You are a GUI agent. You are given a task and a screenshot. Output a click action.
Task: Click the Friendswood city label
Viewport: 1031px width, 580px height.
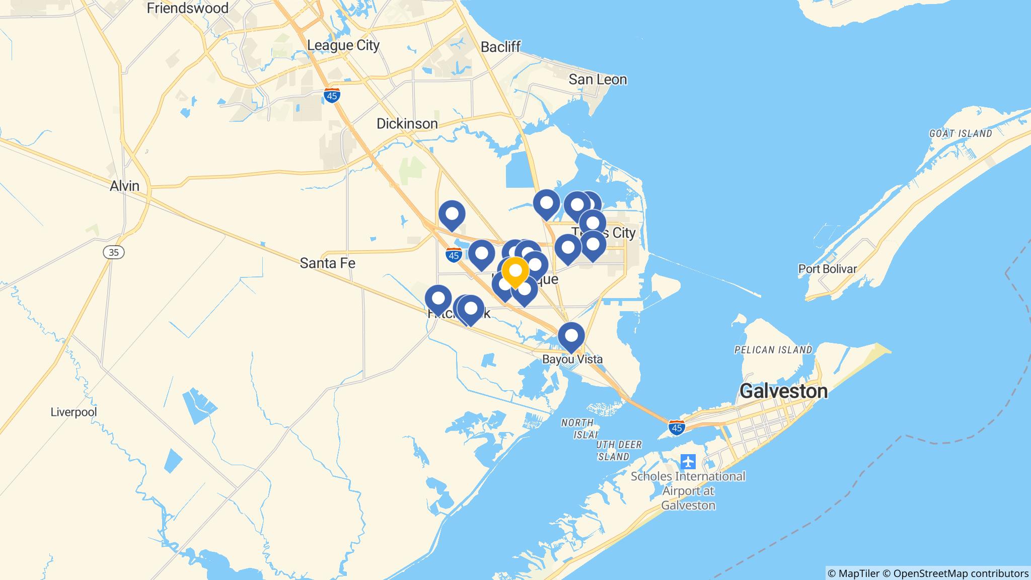tap(187, 8)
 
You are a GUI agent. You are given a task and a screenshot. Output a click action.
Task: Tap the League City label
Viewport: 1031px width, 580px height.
tap(343, 45)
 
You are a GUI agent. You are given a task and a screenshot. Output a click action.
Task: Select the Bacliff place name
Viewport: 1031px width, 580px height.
tap(500, 47)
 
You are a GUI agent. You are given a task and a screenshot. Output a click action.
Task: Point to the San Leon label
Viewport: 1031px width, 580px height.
tap(598, 80)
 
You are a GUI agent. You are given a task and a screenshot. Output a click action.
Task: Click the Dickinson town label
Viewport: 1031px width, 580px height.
tap(407, 124)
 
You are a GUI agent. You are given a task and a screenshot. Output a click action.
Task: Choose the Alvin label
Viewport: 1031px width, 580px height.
tap(124, 186)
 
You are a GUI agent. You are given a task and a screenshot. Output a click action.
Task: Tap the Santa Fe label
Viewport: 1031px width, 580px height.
tap(328, 263)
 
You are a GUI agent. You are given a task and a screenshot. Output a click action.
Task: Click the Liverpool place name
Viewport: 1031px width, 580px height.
tap(73, 412)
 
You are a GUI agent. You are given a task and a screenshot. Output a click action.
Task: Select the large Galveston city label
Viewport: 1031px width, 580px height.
tap(783, 391)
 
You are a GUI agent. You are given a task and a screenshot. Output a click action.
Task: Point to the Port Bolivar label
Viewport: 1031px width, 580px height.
tap(827, 269)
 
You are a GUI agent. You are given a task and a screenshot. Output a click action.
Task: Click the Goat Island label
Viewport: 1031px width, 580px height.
tap(961, 134)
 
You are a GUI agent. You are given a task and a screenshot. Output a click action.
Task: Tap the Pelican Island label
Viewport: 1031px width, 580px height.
tap(773, 350)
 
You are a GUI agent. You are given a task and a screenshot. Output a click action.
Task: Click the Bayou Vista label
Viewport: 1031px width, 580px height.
tap(572, 359)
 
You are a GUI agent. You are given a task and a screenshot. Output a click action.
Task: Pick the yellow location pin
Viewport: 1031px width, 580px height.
tap(515, 271)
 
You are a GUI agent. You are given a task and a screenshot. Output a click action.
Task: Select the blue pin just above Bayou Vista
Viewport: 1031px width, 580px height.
tap(571, 336)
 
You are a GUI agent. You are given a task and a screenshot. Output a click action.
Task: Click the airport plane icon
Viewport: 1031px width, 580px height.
tap(688, 461)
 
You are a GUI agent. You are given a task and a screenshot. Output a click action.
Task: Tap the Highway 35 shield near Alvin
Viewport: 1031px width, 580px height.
tap(114, 252)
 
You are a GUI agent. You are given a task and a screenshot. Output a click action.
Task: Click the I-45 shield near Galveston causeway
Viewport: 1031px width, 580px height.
tap(677, 427)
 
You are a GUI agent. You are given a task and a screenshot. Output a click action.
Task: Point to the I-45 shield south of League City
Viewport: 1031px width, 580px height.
tap(332, 96)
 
